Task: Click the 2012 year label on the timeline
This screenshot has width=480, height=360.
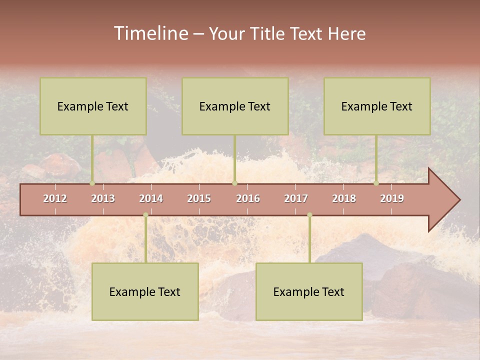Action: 55,198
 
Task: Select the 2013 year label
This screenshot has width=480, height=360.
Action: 103,198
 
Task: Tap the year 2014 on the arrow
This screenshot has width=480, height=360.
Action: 151,198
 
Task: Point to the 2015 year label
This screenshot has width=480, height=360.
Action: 199,198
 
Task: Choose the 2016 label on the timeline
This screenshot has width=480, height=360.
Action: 248,198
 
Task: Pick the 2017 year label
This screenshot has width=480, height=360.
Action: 296,198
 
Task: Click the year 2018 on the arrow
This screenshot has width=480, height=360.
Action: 344,198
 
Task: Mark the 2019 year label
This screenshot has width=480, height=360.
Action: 392,198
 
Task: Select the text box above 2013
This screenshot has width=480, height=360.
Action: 93,106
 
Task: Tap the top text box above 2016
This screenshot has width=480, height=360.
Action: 235,106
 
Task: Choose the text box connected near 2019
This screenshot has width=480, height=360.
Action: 377,106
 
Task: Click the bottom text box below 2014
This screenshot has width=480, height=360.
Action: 145,291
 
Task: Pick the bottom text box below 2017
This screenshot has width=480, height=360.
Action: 309,291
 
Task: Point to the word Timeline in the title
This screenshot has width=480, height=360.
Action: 151,33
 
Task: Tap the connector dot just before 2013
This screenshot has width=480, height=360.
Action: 92,183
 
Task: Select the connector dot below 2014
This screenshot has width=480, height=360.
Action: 145,215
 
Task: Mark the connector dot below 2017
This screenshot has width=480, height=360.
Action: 309,215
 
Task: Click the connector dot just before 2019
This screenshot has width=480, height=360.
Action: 376,183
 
